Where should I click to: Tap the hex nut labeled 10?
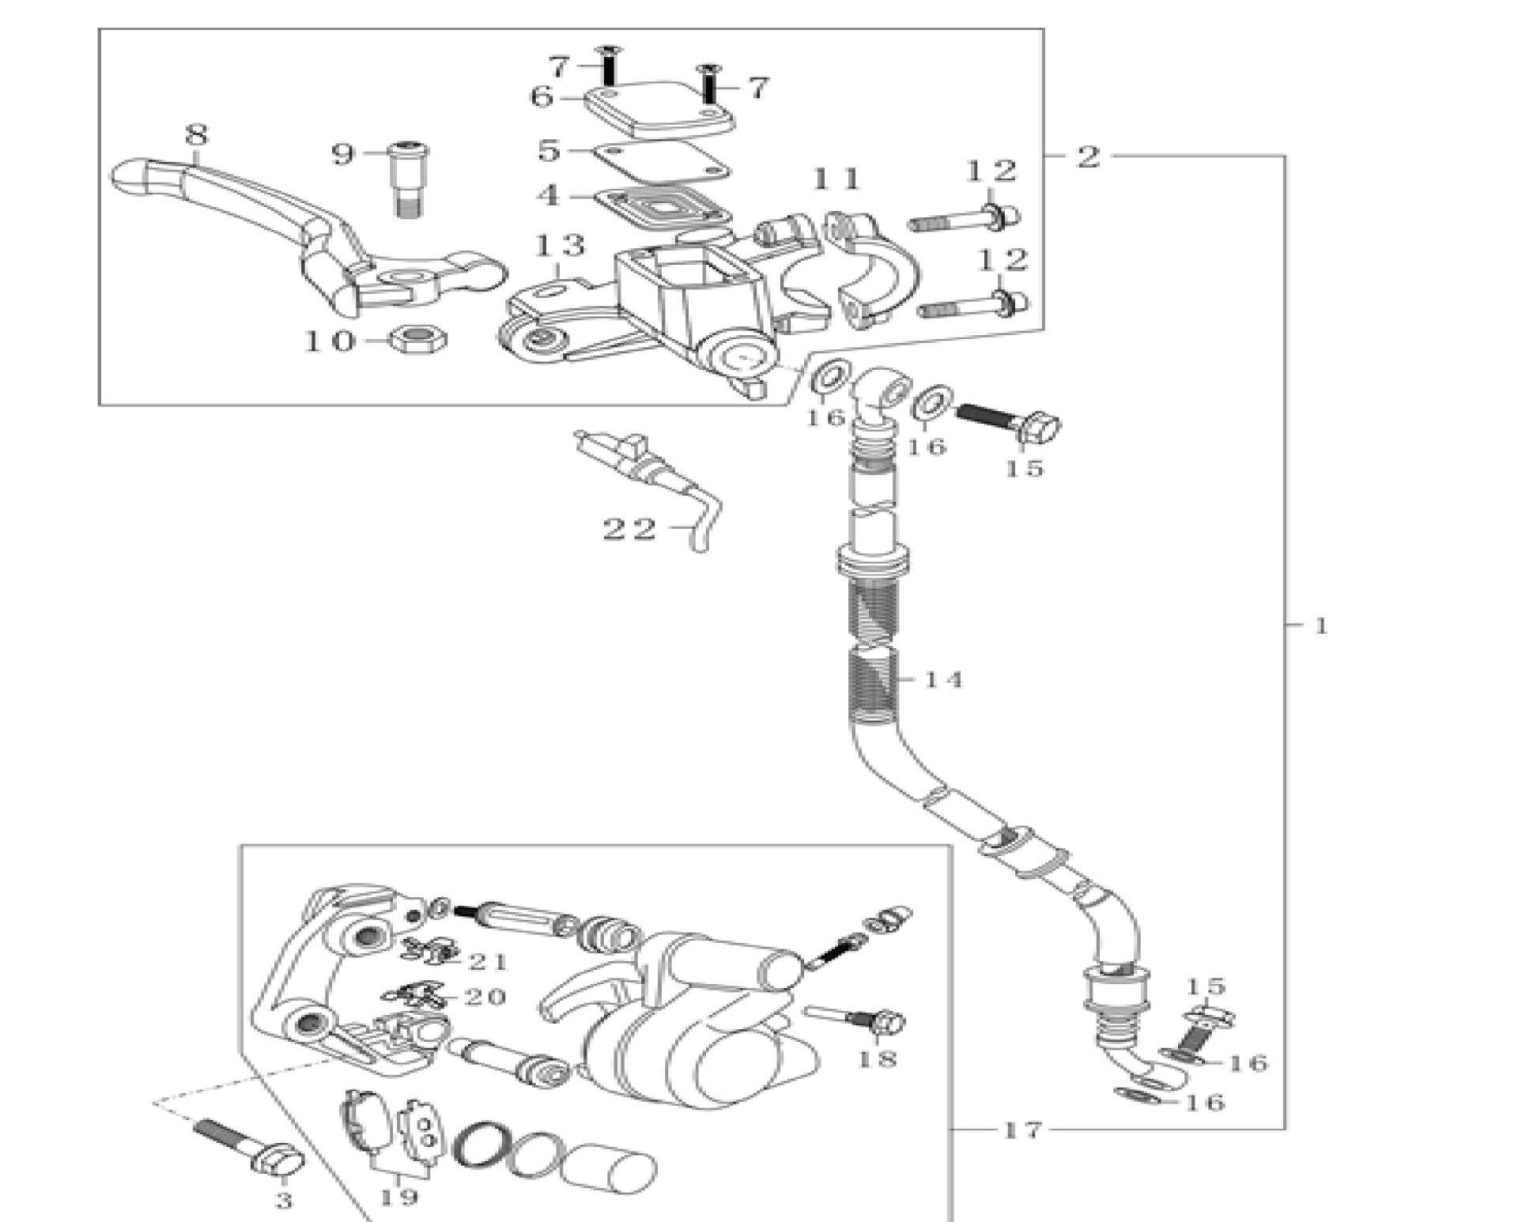pos(418,341)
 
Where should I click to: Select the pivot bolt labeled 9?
pos(408,179)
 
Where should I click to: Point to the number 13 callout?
pos(560,246)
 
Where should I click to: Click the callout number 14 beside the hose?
pos(943,679)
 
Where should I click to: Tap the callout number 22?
pos(630,529)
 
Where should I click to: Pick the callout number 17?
pos(1023,1130)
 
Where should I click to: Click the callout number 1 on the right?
pos(1320,626)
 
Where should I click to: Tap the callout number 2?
pos(1088,157)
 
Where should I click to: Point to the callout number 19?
pos(398,1197)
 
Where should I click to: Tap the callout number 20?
pos(485,997)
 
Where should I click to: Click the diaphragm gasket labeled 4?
pos(660,209)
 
